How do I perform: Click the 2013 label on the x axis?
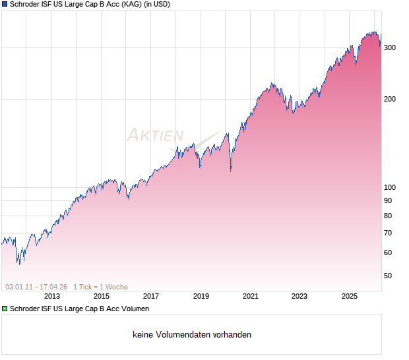[51, 296]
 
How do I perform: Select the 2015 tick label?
[101, 296]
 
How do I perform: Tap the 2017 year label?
[151, 296]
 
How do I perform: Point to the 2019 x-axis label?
[201, 296]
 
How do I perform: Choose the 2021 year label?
[250, 296]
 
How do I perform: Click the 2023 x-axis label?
[299, 296]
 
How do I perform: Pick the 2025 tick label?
[350, 296]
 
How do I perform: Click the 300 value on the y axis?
[390, 47]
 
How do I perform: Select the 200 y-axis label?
[390, 99]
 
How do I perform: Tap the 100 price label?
[390, 188]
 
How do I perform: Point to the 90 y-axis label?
[388, 200]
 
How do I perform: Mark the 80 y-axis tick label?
[388, 216]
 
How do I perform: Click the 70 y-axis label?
[388, 233]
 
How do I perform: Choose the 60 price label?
[388, 253]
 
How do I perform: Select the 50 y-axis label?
[388, 276]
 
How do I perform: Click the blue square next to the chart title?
[5, 5]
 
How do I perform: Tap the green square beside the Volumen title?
[5, 309]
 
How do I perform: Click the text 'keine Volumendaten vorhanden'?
[192, 335]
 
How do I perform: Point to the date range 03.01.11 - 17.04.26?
[36, 287]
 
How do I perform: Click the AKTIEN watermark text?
[156, 136]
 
